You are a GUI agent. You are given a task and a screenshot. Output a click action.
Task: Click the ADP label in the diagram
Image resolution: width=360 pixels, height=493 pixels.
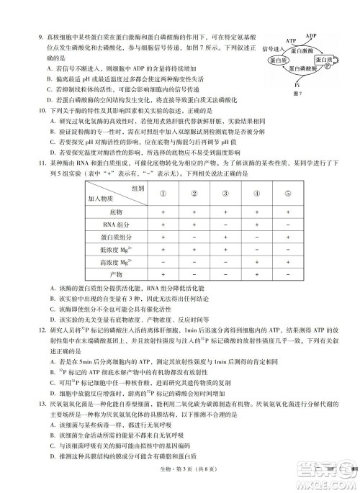[x=311, y=35]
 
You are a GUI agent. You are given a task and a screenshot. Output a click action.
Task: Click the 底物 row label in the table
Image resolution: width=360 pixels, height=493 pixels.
[x=116, y=213]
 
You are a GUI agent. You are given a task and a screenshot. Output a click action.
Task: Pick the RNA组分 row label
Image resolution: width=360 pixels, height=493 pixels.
[x=116, y=225]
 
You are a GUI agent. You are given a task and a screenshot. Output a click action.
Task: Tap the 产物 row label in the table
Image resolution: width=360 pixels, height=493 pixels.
[x=116, y=273]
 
